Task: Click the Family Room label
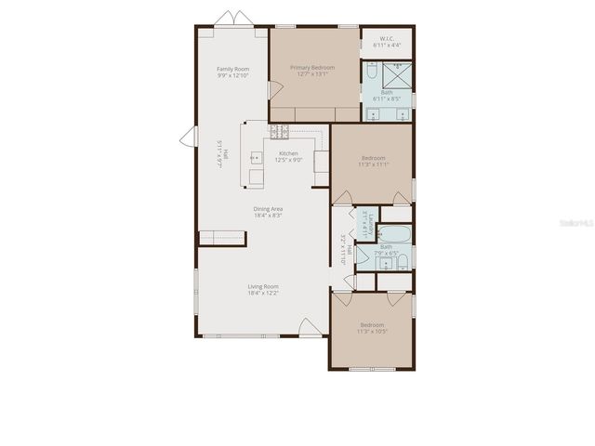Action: point(233,69)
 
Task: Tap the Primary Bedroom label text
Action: point(312,68)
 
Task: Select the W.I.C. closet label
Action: point(387,38)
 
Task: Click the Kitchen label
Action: point(287,153)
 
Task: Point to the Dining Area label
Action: point(268,209)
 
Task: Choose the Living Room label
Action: point(263,286)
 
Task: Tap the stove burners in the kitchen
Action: point(279,131)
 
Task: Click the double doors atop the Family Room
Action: point(233,19)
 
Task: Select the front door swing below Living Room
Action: point(307,327)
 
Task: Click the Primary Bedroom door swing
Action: point(274,90)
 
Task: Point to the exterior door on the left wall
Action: point(187,137)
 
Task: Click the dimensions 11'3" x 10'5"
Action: point(373,332)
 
